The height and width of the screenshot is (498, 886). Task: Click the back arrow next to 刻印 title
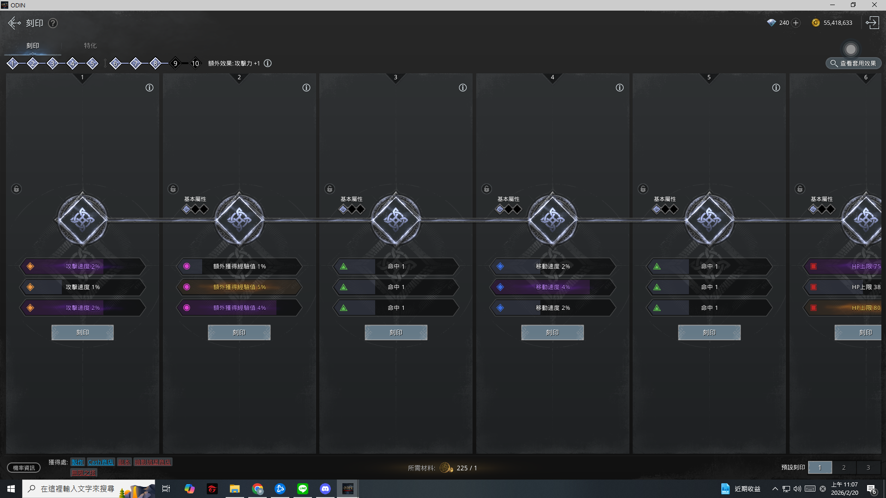pos(14,23)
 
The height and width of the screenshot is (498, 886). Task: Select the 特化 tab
pos(90,46)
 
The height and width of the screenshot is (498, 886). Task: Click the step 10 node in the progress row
pos(195,64)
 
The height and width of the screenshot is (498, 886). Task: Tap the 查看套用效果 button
pos(853,64)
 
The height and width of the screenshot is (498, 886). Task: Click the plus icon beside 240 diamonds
pos(796,23)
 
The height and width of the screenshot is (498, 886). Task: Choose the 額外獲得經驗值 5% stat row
pos(239,287)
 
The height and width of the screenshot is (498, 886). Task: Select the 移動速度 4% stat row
pos(552,287)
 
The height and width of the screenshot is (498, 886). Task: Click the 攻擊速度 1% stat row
pos(83,287)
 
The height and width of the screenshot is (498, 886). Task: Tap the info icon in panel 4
pos(619,88)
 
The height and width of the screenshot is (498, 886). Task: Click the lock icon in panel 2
pos(173,189)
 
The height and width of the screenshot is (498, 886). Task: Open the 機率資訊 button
pos(24,468)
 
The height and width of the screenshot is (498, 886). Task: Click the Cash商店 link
pos(101,462)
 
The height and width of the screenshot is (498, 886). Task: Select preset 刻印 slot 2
pos(844,468)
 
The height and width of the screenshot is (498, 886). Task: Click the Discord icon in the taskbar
pos(325,489)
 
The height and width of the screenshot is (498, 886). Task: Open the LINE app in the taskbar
pos(303,489)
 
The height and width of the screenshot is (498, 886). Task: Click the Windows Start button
pos(11,489)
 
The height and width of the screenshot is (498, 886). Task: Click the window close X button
pos(874,5)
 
